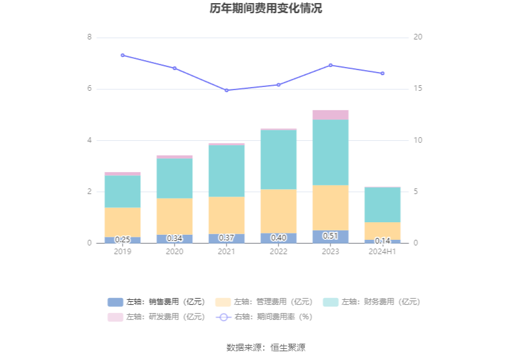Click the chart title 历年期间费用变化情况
tap(266, 9)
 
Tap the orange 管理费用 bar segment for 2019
tap(123, 222)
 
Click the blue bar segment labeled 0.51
tap(330, 236)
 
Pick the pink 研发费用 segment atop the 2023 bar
tap(330, 115)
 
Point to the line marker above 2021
tap(227, 90)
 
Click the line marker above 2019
tap(123, 55)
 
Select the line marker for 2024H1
tap(382, 73)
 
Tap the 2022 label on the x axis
tap(279, 252)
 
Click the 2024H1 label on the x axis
tap(382, 252)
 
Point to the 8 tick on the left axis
tap(90, 38)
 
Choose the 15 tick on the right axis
tap(417, 89)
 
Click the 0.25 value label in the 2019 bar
tap(123, 239)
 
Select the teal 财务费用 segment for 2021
tap(227, 170)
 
